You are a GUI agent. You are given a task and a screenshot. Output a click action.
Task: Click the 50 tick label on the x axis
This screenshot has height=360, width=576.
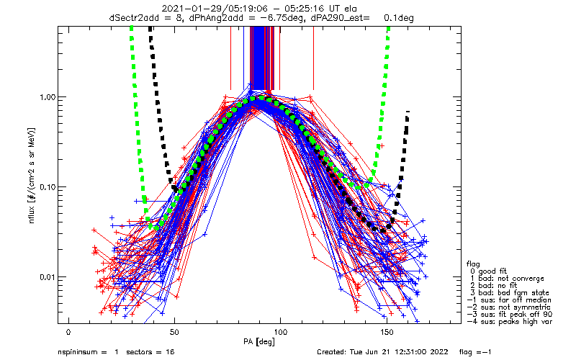pos(174,333)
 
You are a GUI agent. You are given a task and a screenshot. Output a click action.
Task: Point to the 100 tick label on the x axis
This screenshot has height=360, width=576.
pos(280,333)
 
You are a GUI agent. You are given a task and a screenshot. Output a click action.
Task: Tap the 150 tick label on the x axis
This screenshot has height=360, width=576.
pos(387,333)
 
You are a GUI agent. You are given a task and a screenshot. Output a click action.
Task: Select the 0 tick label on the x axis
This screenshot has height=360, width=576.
pos(68,333)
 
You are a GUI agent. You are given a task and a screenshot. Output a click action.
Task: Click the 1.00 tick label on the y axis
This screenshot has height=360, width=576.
pos(48,97)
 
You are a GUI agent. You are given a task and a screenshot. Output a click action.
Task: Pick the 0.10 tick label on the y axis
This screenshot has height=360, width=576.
pos(48,187)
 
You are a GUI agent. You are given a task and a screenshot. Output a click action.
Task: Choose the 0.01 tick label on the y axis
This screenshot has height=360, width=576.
pos(48,277)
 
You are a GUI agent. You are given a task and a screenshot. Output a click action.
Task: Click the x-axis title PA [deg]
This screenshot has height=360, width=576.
pos(259,342)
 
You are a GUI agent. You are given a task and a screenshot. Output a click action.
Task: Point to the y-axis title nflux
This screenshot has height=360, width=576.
pos(32,214)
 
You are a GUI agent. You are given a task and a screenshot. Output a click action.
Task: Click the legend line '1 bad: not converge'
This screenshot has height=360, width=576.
pos(507,279)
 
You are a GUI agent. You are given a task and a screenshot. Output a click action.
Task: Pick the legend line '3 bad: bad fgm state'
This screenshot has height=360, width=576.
pos(510,293)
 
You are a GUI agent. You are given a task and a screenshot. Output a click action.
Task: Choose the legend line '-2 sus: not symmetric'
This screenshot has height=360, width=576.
pos(509,307)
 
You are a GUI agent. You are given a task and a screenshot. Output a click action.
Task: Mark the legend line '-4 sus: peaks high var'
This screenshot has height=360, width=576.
pos(510,321)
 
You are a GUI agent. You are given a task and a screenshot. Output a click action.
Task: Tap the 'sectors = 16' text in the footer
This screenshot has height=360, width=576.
pos(150,352)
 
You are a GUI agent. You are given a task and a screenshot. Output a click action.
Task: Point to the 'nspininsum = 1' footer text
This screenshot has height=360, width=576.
pos(88,352)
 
